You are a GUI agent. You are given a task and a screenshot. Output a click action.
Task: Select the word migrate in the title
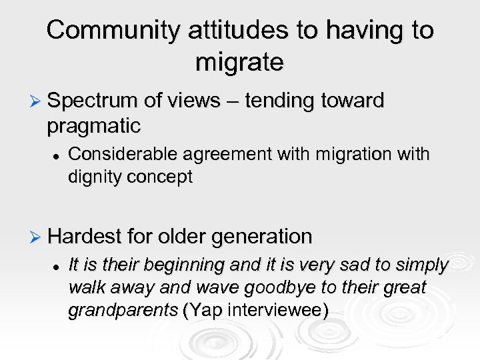(x=240, y=62)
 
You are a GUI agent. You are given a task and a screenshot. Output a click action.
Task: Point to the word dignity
(x=91, y=177)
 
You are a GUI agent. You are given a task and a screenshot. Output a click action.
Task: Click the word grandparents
(x=123, y=311)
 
